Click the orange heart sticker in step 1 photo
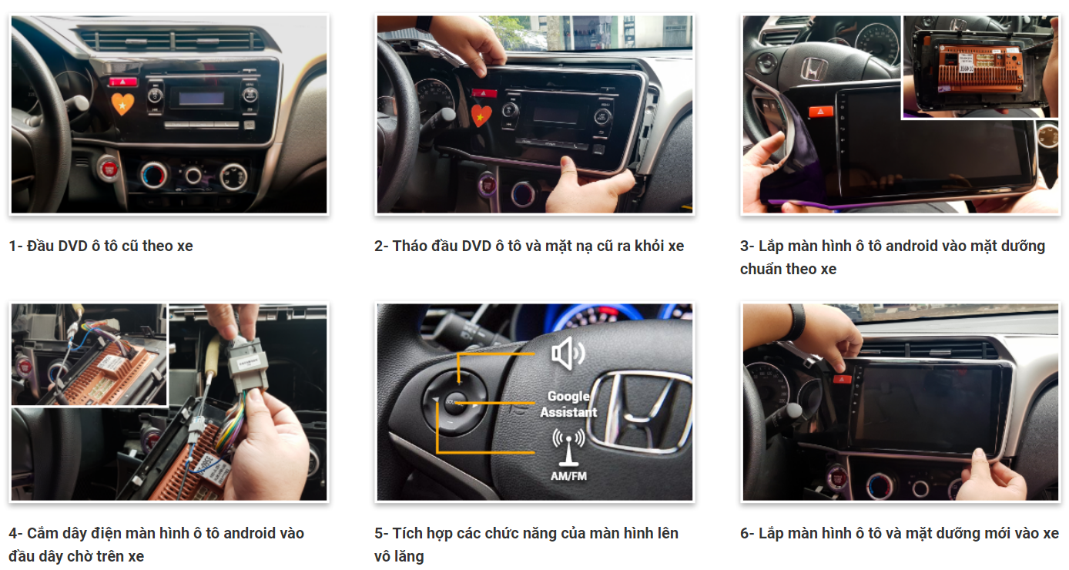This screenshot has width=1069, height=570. click(122, 103)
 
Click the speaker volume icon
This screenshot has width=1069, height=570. click(568, 354)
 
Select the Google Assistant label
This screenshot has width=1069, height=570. click(568, 404)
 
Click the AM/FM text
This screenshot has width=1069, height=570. click(568, 476)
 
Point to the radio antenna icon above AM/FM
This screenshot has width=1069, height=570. click(568, 447)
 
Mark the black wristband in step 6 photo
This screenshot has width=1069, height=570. click(796, 323)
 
